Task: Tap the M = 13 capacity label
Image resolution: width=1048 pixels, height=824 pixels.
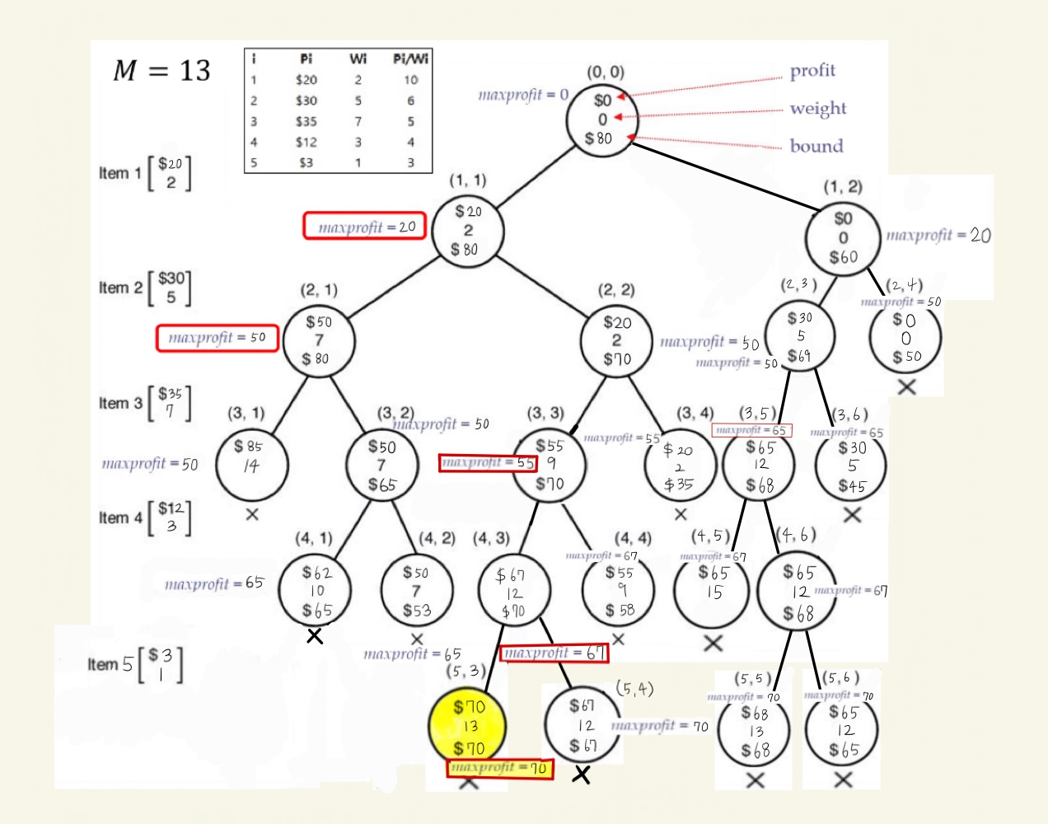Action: pyautogui.click(x=161, y=71)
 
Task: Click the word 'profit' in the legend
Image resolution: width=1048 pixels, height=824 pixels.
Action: pyautogui.click(x=812, y=71)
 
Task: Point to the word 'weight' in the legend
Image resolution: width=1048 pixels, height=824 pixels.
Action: pyautogui.click(x=817, y=108)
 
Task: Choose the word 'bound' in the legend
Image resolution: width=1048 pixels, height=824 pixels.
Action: pyautogui.click(x=816, y=146)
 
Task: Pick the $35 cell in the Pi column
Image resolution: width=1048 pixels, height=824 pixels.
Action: pyautogui.click(x=306, y=121)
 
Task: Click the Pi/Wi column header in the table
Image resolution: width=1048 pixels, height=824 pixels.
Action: pyautogui.click(x=410, y=59)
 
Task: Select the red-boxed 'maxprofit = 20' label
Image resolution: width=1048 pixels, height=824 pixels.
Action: pyautogui.click(x=365, y=226)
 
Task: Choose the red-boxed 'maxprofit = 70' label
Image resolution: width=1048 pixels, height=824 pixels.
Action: pyautogui.click(x=499, y=768)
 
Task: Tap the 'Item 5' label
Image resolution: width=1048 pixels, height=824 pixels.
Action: pyautogui.click(x=110, y=664)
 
